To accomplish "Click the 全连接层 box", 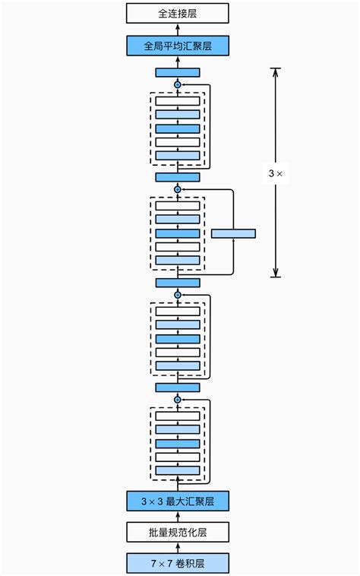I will (x=177, y=13).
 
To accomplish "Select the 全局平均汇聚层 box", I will (x=177, y=46).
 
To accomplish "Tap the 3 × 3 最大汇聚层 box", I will (x=177, y=501).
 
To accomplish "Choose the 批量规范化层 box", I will (x=177, y=532).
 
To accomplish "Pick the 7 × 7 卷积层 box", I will (x=177, y=563).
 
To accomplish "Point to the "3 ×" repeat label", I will (x=276, y=173).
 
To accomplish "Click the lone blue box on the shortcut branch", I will (x=233, y=233).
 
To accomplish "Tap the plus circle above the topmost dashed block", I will (x=178, y=84).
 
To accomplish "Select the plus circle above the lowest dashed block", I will (x=178, y=399).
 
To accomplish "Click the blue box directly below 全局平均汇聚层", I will (x=177, y=72).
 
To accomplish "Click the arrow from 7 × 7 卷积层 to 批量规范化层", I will (x=178, y=547).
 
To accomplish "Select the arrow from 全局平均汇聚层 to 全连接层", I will (x=178, y=30).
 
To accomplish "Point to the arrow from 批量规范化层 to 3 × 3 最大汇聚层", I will (x=178, y=516).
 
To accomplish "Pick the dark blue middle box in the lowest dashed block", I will (x=178, y=443).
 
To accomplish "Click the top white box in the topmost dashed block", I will (x=178, y=101).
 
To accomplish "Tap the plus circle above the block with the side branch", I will (x=178, y=189).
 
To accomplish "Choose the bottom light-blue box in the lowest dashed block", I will (x=178, y=470).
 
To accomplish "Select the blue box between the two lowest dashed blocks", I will (x=177, y=387).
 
